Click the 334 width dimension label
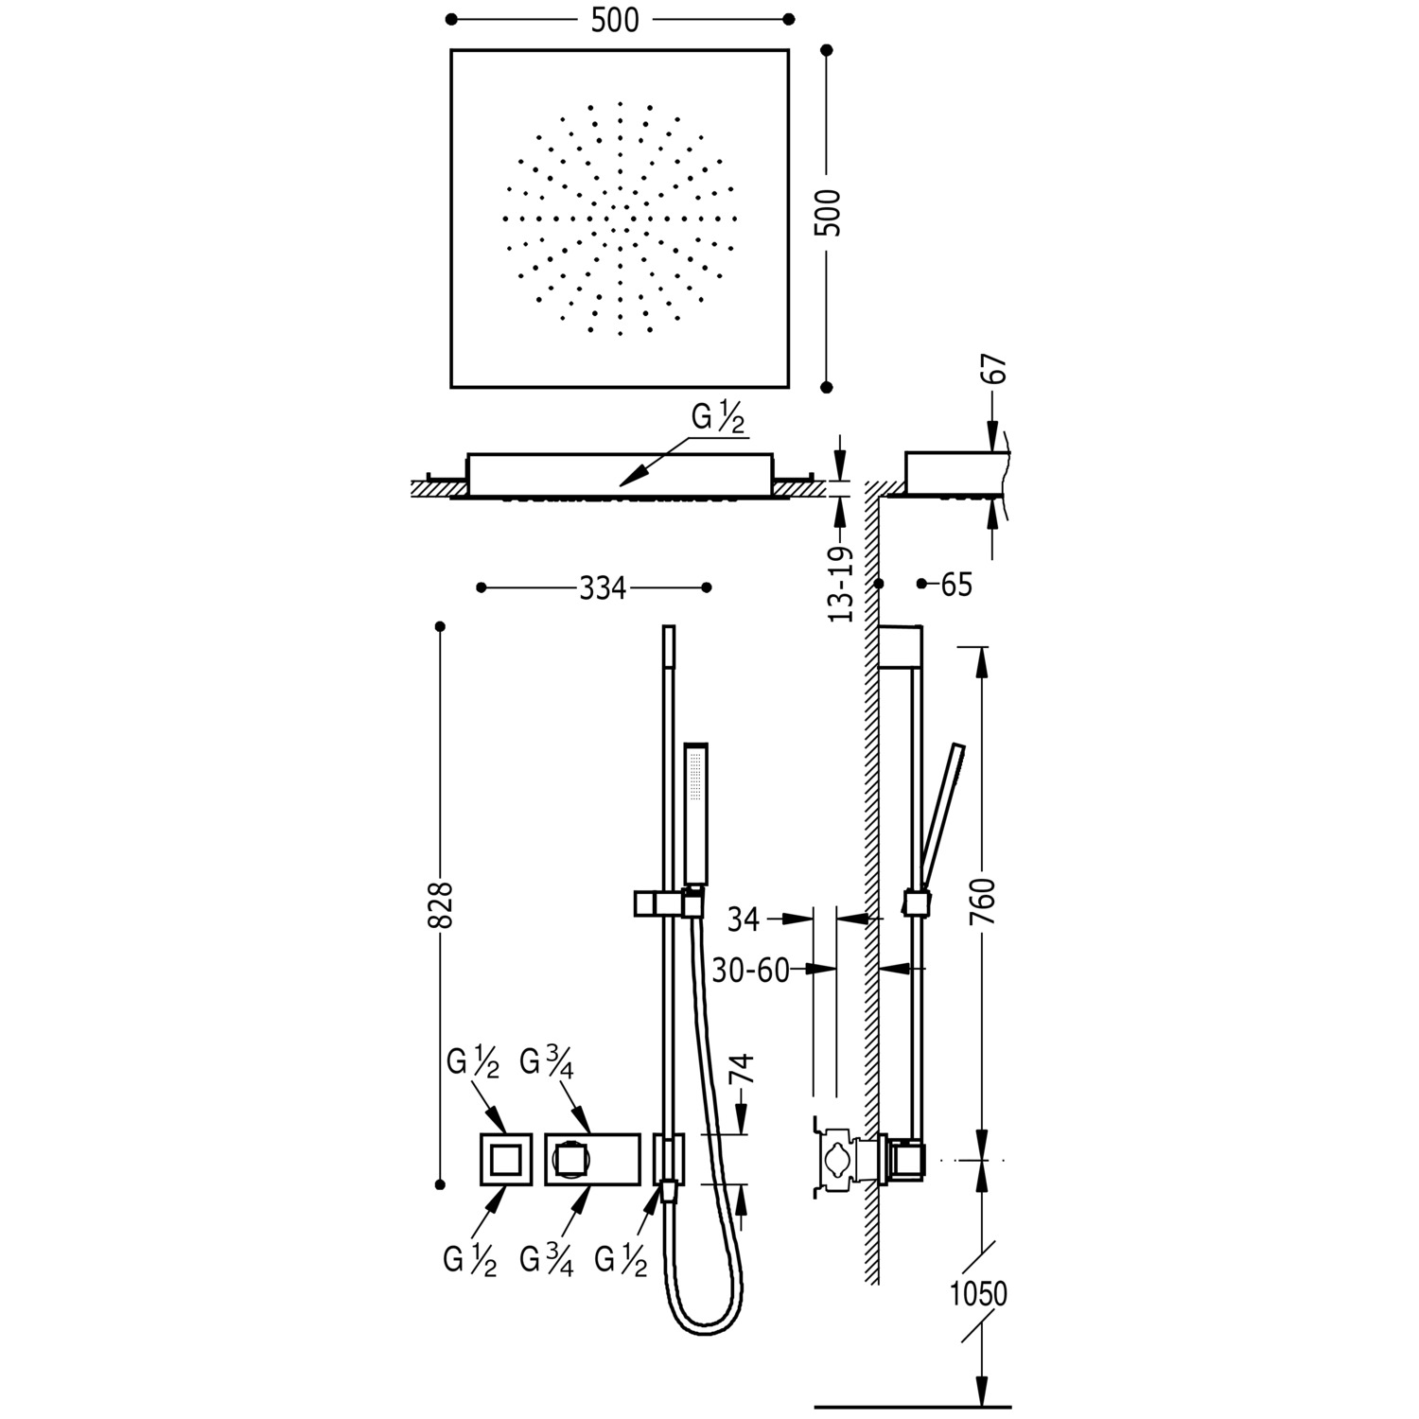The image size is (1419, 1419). tap(603, 588)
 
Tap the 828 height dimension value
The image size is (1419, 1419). tap(442, 905)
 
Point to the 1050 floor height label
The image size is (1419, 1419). tap(979, 1293)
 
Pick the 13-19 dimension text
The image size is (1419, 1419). tap(840, 584)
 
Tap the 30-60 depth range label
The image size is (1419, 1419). tap(751, 970)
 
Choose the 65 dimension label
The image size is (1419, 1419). tap(956, 585)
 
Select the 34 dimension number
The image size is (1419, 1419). tap(744, 919)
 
